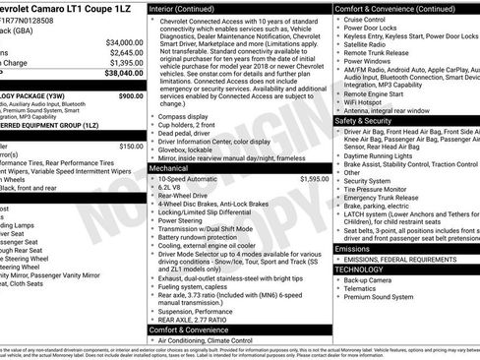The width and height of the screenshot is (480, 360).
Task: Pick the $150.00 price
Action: (x=132, y=146)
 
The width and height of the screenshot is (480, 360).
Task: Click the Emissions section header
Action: (x=355, y=248)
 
